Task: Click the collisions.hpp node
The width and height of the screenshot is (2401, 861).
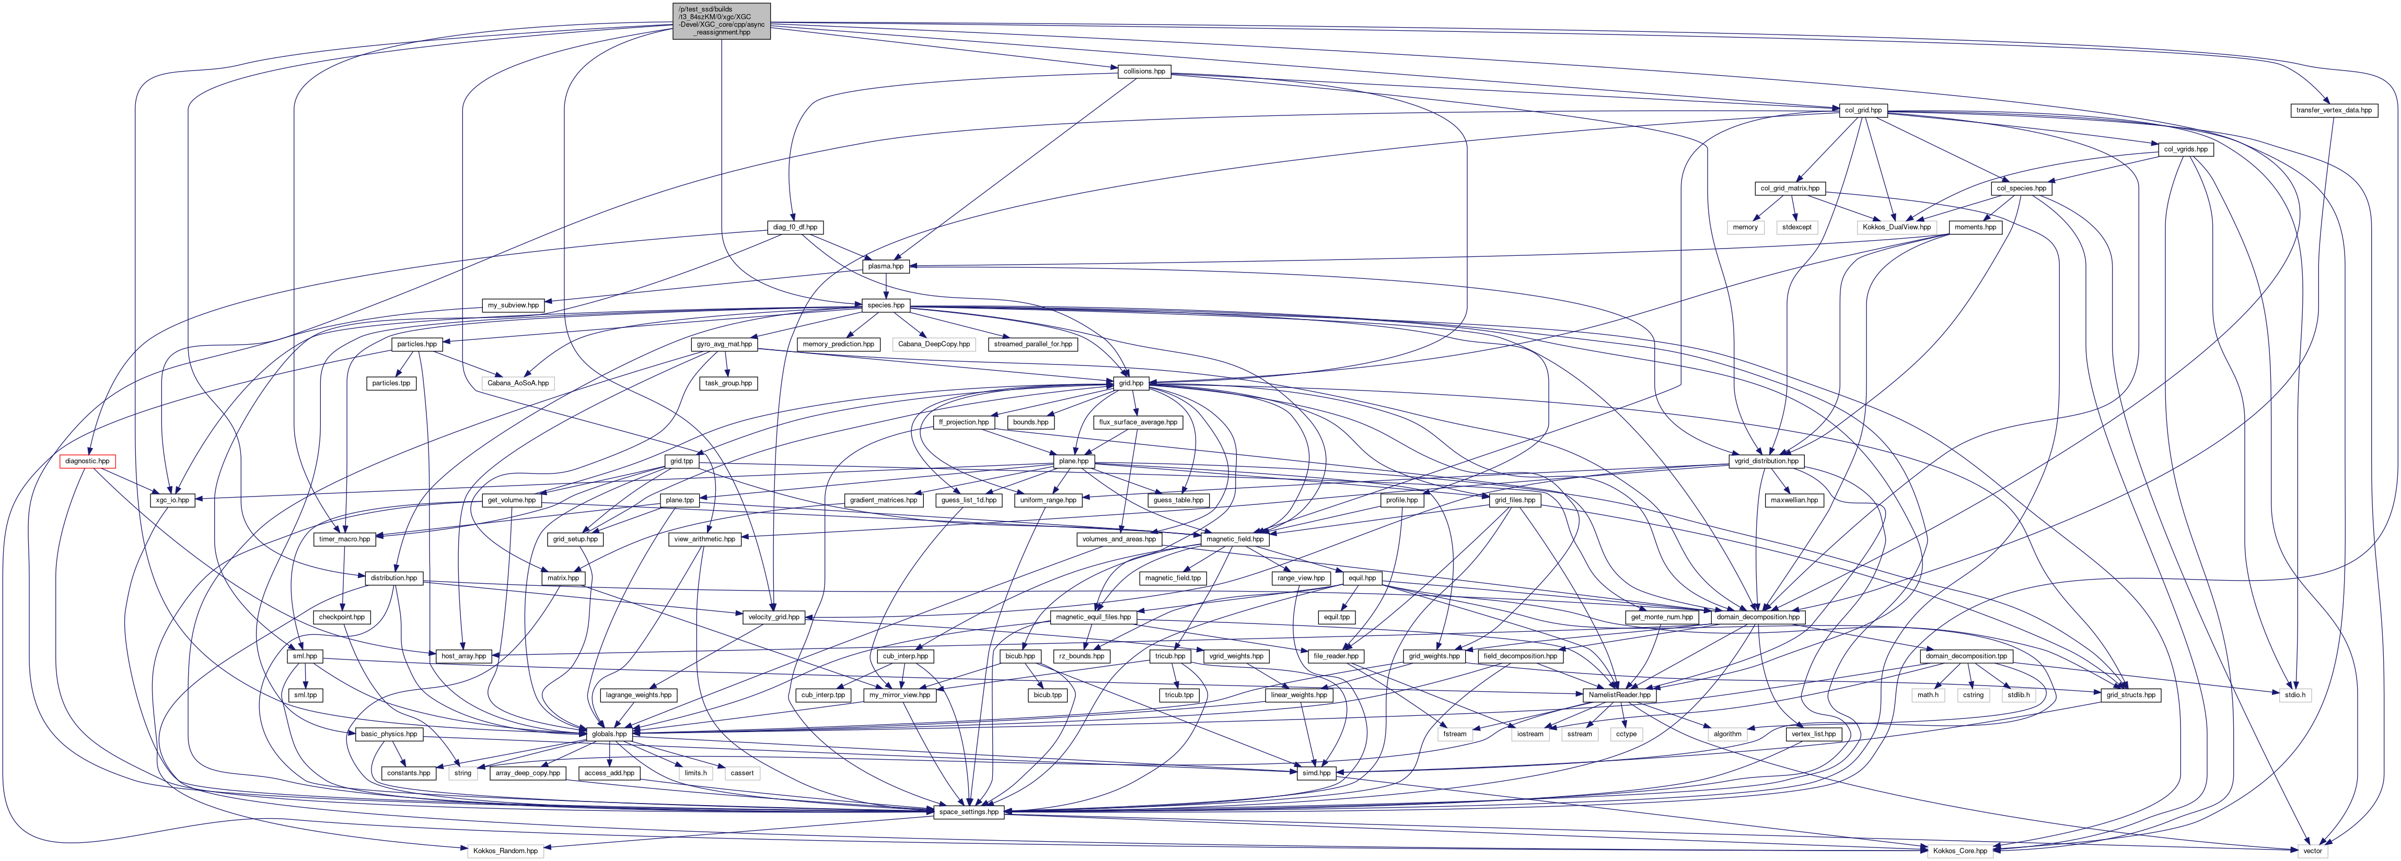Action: [x=1144, y=71]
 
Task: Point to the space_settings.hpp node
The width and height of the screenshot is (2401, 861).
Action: [x=968, y=811]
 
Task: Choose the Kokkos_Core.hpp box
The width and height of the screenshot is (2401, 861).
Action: [x=1958, y=851]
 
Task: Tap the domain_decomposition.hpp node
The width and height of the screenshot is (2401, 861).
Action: [x=1757, y=617]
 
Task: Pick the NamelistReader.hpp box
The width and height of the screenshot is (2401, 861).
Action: [x=1619, y=695]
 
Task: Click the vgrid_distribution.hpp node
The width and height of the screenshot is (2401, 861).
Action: [x=1757, y=461]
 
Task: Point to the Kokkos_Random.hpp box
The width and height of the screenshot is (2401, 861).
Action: [x=504, y=851]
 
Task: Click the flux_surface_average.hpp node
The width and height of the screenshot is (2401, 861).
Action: [x=1137, y=422]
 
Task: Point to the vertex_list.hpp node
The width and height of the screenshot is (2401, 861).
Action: [x=1813, y=734]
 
